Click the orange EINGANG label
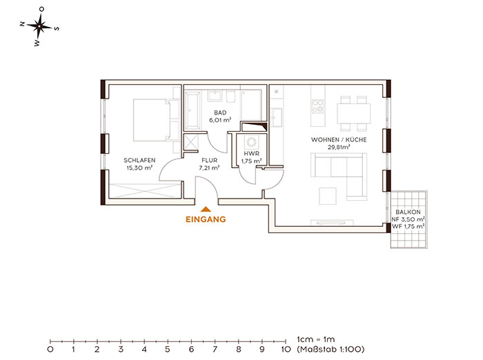pos(206,219)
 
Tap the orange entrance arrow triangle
pos(206,210)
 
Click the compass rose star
pos(39,26)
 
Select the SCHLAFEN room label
pos(139,160)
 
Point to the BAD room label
pos(220,112)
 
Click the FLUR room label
pos(210,160)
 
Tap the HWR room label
pos(252,153)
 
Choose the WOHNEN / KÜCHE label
pos(339,139)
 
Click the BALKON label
pos(408,212)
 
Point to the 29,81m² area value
pos(339,147)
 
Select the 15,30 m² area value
pos(139,168)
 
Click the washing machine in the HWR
pos(252,142)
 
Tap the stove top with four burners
pos(318,106)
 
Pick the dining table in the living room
pos(353,114)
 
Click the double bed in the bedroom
pos(152,120)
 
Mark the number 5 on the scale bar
pos(168,350)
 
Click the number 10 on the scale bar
pos(286,350)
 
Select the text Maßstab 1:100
pos(332,349)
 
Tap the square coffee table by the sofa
pos(328,196)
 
